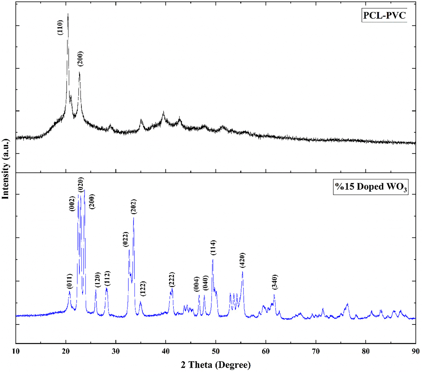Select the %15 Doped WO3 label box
[371, 187]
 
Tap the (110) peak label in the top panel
[61, 27]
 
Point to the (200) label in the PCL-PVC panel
[80, 58]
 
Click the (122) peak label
[143, 289]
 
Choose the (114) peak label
[213, 248]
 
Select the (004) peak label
[196, 284]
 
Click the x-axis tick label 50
[216, 352]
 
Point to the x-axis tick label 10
[16, 352]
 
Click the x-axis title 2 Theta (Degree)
[216, 364]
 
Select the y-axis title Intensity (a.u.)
[5, 169]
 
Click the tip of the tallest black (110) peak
[68, 14]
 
